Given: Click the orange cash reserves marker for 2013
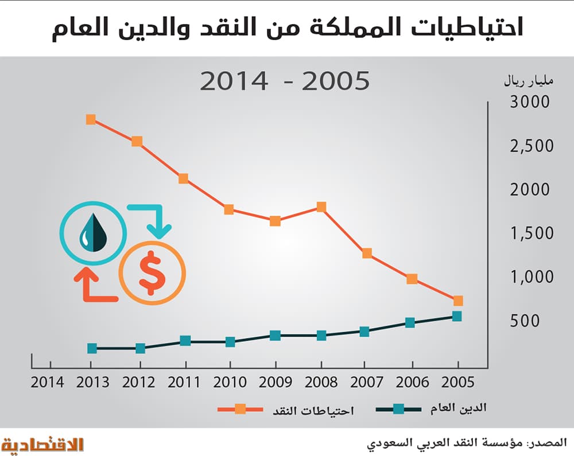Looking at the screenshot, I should pyautogui.click(x=91, y=119).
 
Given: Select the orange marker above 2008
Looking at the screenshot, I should pyautogui.click(x=321, y=207).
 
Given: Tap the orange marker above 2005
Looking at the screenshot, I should pyautogui.click(x=457, y=301).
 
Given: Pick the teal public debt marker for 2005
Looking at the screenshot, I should pyautogui.click(x=457, y=316).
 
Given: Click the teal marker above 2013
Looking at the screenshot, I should pyautogui.click(x=92, y=348).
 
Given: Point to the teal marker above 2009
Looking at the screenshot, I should pyautogui.click(x=275, y=335).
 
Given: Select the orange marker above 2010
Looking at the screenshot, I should pyautogui.click(x=229, y=209).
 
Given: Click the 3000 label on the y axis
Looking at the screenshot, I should pyautogui.click(x=529, y=103).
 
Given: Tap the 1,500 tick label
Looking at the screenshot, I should pyautogui.click(x=532, y=233).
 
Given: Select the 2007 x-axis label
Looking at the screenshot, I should pyautogui.click(x=366, y=383).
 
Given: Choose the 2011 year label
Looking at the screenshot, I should pyautogui.click(x=184, y=383).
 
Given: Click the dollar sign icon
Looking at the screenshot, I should pyautogui.click(x=152, y=274).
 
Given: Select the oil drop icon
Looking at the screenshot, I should pyautogui.click(x=92, y=233).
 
